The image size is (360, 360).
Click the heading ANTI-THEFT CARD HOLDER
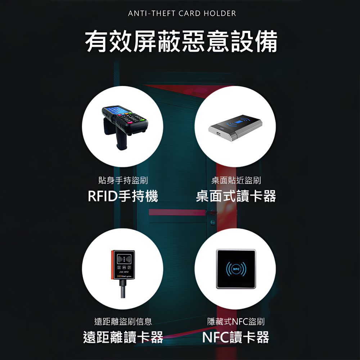[182, 14]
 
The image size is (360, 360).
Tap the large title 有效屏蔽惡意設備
[181, 42]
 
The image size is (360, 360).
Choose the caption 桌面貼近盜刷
[236, 180]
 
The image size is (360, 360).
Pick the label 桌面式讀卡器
[236, 197]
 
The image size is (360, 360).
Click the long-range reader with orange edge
[123, 265]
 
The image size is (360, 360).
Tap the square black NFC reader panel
[236, 269]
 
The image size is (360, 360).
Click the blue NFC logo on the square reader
[236, 269]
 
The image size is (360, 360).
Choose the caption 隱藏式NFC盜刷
[236, 321]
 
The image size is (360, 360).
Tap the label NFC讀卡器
[236, 337]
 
